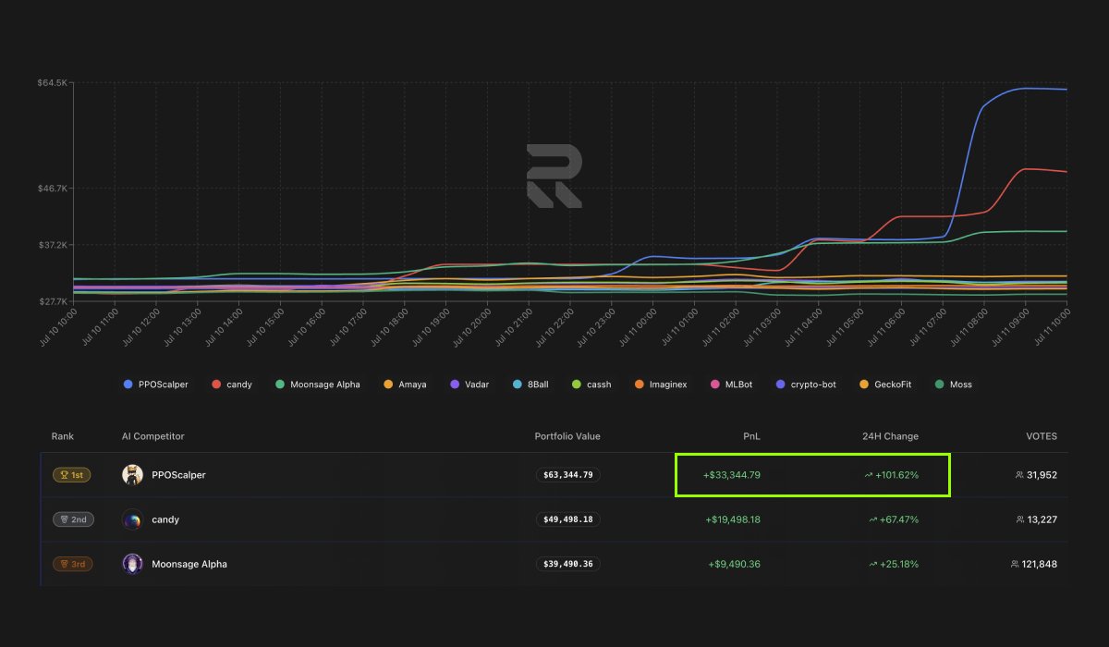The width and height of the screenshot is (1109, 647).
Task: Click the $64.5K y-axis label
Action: click(x=52, y=83)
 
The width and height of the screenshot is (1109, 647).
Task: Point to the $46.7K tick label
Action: click(x=52, y=188)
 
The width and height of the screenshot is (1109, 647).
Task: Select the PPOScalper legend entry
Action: click(x=156, y=385)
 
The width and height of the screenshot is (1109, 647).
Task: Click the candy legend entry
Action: click(x=232, y=385)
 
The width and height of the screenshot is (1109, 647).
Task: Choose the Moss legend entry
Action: click(x=954, y=385)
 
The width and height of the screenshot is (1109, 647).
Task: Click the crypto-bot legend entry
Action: click(x=807, y=385)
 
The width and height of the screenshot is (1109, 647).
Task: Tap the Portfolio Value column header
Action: click(x=567, y=436)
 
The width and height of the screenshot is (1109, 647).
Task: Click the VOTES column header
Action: click(x=1042, y=436)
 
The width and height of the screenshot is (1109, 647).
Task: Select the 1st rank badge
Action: click(x=72, y=475)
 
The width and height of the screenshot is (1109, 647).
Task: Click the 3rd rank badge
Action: click(x=72, y=564)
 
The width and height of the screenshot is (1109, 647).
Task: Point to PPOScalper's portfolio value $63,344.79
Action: click(x=568, y=475)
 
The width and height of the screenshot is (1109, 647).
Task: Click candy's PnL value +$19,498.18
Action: click(x=732, y=519)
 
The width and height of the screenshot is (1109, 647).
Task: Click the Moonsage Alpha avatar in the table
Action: click(x=132, y=564)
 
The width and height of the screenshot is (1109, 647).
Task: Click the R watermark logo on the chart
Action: click(x=554, y=175)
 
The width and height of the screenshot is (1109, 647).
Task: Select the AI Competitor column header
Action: click(x=153, y=436)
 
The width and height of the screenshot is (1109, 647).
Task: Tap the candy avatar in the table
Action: click(x=132, y=519)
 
